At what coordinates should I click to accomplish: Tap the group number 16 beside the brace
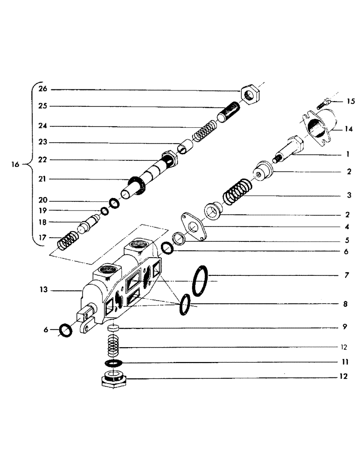click(16, 164)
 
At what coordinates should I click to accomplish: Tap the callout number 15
click(350, 101)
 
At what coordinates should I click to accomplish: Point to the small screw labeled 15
click(323, 103)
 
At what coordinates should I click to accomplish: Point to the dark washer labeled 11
click(114, 363)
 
